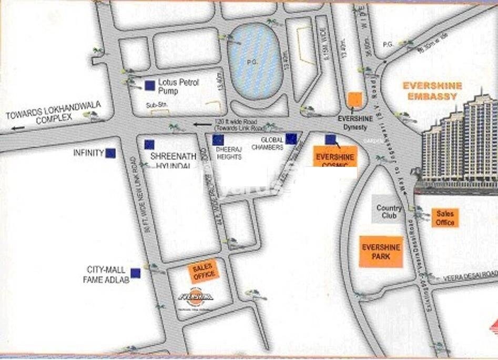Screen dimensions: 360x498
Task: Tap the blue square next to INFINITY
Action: pyautogui.click(x=110, y=153)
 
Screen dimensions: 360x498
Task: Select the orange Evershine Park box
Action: pyautogui.click(x=381, y=252)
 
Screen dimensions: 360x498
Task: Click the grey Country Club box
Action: pyautogui.click(x=389, y=212)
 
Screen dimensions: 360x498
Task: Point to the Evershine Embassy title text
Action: pyautogui.click(x=432, y=91)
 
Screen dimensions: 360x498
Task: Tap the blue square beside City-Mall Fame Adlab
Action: pyautogui.click(x=136, y=273)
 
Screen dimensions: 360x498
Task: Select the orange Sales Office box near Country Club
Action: pyautogui.click(x=445, y=218)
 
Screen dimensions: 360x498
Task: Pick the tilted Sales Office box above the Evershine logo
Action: pyautogui.click(x=204, y=271)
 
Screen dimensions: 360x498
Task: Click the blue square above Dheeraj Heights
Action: pyautogui.click(x=218, y=140)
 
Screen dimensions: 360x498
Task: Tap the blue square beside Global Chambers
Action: pyautogui.click(x=291, y=139)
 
